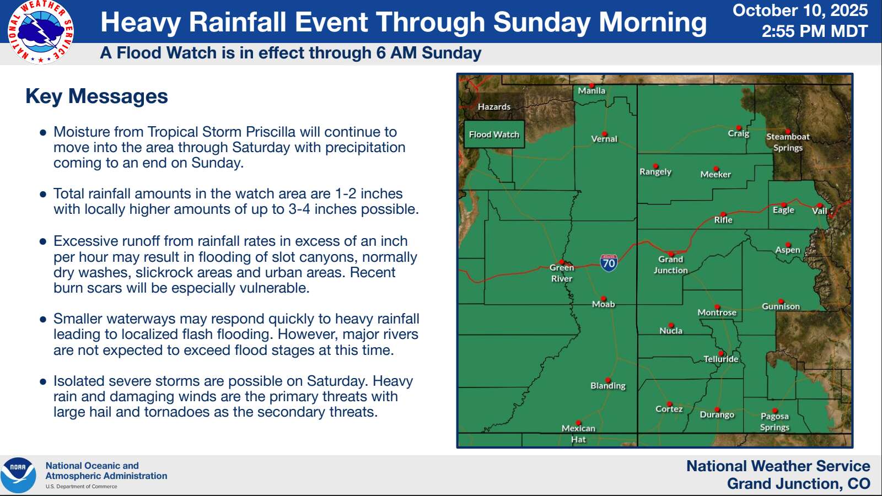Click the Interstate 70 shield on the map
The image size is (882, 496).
(609, 262)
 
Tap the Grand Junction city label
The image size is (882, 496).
(670, 265)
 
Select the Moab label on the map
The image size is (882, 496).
(603, 304)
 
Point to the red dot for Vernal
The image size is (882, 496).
(604, 134)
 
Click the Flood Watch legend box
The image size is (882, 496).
(494, 134)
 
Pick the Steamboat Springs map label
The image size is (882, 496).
(788, 142)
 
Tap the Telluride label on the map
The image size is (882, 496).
(721, 359)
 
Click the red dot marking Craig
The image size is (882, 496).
(739, 128)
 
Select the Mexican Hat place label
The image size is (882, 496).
(578, 434)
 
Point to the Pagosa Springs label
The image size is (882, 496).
(775, 422)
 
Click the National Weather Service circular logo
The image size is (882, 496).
(41, 32)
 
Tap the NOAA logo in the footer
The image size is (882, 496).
(18, 475)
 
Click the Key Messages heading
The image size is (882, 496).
(96, 96)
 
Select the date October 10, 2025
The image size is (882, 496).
(800, 10)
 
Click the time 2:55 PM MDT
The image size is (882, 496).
(815, 31)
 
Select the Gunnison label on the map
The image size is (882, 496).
(781, 306)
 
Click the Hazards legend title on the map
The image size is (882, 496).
(494, 107)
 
